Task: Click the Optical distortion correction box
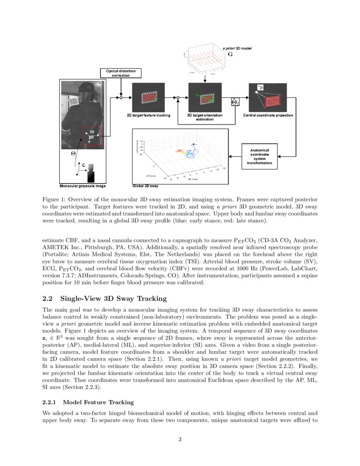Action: point(121,73)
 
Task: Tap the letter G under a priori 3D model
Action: point(230,55)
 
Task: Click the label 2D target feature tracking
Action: point(149,115)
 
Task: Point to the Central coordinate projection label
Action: point(267,115)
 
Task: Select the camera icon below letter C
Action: point(91,175)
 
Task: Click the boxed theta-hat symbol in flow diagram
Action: point(235,102)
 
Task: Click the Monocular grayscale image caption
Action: point(83,186)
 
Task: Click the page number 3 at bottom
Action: point(180,439)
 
